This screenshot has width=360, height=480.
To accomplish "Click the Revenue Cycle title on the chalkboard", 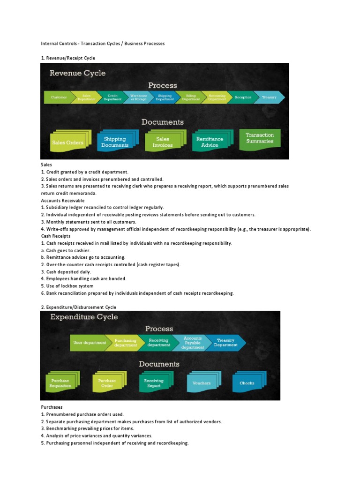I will click(x=78, y=73).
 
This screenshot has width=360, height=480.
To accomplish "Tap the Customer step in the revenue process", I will click(x=59, y=97).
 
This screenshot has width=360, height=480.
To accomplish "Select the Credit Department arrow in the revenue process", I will click(x=112, y=97).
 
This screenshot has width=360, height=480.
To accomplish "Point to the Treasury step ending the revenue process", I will click(x=269, y=97).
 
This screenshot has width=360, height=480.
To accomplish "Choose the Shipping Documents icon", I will click(x=115, y=142).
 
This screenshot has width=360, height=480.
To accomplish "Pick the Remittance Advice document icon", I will click(x=210, y=142).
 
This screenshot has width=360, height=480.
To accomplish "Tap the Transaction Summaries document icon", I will click(x=259, y=138).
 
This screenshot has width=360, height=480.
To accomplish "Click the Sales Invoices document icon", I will click(x=163, y=142).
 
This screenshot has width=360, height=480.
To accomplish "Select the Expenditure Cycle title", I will click(x=84, y=317).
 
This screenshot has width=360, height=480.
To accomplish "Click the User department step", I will click(x=89, y=343).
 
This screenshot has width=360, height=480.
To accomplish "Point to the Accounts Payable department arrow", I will click(x=193, y=343).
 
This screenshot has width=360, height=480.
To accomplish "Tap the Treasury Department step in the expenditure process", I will click(x=226, y=343).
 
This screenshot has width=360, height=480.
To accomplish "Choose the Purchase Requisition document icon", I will click(x=61, y=383).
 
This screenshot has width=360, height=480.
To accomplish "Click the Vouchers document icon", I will click(x=202, y=383).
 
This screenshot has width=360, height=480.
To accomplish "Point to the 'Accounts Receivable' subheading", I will click(x=63, y=200).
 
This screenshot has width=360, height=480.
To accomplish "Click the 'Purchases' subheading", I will click(x=52, y=407).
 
